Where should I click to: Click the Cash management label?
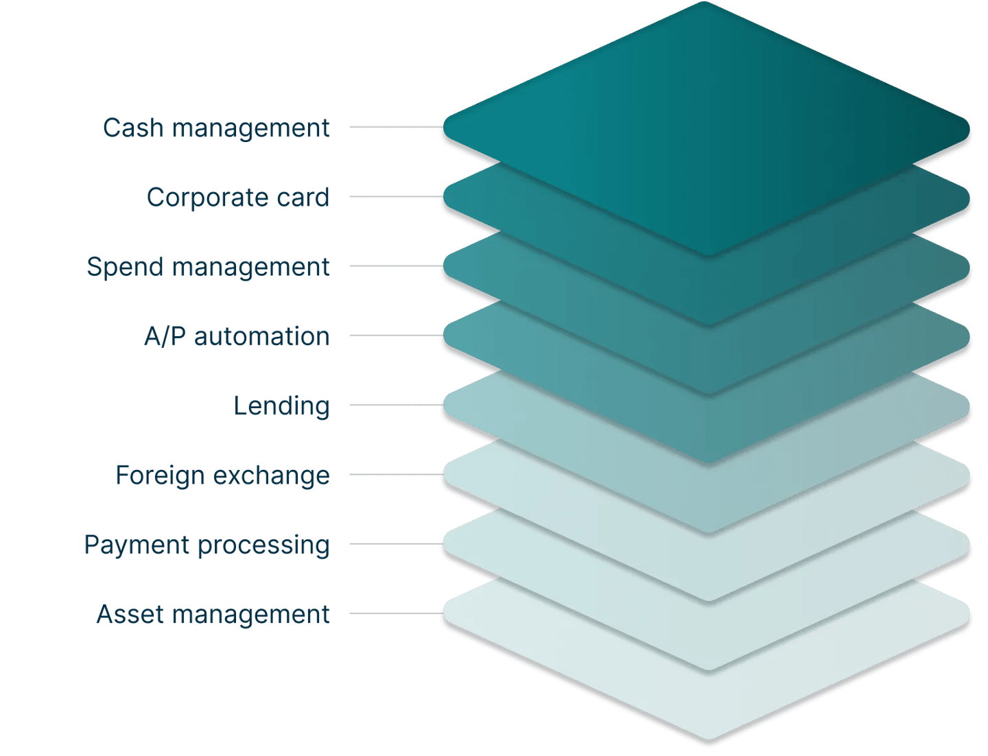[216, 128]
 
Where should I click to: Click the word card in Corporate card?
[303, 198]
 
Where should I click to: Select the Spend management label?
[208, 267]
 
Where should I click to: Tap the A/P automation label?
[237, 337]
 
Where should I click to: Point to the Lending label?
[282, 406]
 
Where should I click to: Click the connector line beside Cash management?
[395, 127]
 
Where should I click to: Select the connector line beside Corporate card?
[395, 196]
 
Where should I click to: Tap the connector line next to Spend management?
[395, 266]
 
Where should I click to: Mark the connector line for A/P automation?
[395, 336]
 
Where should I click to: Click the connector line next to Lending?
[395, 405]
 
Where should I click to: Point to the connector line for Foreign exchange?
[395, 475]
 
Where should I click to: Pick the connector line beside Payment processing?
[395, 545]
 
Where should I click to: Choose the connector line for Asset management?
[395, 614]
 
